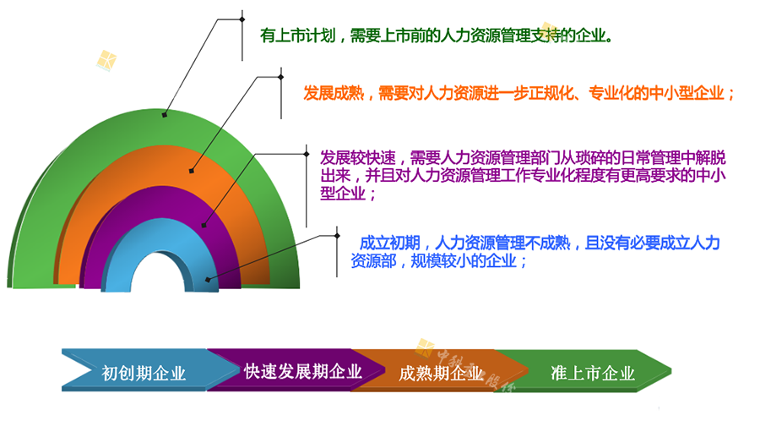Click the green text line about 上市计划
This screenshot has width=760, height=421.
437,36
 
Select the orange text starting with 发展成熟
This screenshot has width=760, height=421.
519,93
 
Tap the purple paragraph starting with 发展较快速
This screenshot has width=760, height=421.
523,176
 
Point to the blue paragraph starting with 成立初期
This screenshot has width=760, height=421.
535,252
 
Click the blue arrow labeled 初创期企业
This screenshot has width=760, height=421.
145,370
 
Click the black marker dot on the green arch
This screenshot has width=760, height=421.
165,115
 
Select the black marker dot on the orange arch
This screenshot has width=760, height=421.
192,171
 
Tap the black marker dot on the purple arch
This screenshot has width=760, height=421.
204,225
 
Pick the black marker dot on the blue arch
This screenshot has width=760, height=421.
208,280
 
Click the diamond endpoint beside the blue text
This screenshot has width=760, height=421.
337,236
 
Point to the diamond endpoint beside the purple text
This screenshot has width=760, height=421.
307,154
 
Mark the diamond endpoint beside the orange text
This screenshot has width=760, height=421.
280,77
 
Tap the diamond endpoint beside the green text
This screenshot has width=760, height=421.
242,19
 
